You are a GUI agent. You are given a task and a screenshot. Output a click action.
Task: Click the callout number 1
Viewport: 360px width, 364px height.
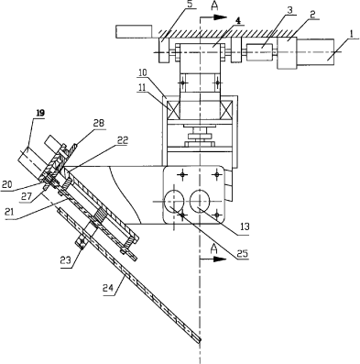352,34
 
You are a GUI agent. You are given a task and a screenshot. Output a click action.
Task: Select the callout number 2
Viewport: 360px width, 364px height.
312,15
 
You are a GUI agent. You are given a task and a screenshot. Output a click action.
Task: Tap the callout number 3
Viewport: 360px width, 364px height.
289,10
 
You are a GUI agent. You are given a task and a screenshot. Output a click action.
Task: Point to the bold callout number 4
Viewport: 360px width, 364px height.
238,20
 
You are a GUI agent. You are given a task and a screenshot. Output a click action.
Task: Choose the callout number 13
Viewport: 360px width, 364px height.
245,226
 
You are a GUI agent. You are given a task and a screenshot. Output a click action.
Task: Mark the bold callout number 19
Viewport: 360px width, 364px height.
40,113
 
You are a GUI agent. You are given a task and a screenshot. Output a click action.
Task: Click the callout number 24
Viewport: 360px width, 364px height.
108,288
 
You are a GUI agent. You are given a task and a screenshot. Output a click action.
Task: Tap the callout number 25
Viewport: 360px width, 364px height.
241,253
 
